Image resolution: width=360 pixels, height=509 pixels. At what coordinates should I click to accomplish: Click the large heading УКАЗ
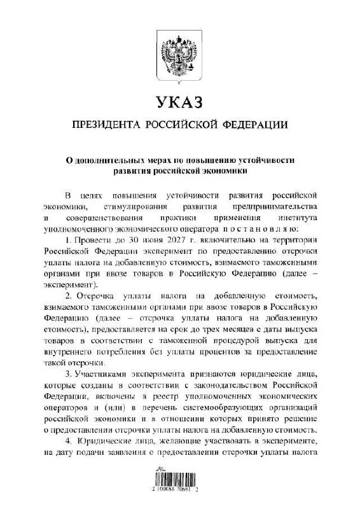click(x=179, y=101)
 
